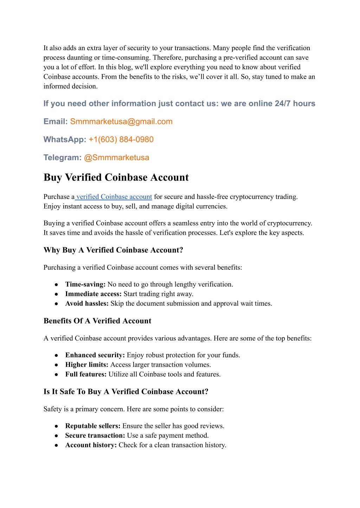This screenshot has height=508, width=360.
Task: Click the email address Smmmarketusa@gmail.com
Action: [x=121, y=122]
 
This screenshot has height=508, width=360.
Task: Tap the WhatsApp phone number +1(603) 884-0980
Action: [x=121, y=139]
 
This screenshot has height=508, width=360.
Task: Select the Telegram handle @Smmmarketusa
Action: [x=116, y=157]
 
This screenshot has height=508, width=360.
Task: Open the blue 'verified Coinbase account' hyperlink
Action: [x=114, y=197]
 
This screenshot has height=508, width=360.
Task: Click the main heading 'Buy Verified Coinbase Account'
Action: [x=116, y=177]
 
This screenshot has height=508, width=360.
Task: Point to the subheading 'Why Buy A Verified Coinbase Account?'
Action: [x=113, y=250]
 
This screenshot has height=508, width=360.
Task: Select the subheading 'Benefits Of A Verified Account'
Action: [x=97, y=321]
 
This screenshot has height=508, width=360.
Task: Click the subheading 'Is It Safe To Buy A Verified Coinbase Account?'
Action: [x=126, y=392]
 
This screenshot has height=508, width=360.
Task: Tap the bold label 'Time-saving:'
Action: [x=85, y=284]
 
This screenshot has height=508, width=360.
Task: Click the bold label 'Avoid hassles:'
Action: [x=87, y=303]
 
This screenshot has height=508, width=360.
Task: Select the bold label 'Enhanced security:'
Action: [x=95, y=355]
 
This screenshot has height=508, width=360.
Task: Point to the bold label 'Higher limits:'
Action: [x=87, y=365]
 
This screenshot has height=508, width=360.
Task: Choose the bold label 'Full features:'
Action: [x=86, y=374]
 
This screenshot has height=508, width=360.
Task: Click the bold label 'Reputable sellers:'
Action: [x=93, y=426]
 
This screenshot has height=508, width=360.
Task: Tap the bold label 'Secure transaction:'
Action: [x=95, y=435]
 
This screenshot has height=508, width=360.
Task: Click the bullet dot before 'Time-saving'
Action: [x=56, y=285]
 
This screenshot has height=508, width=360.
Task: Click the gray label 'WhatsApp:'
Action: [x=65, y=139]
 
